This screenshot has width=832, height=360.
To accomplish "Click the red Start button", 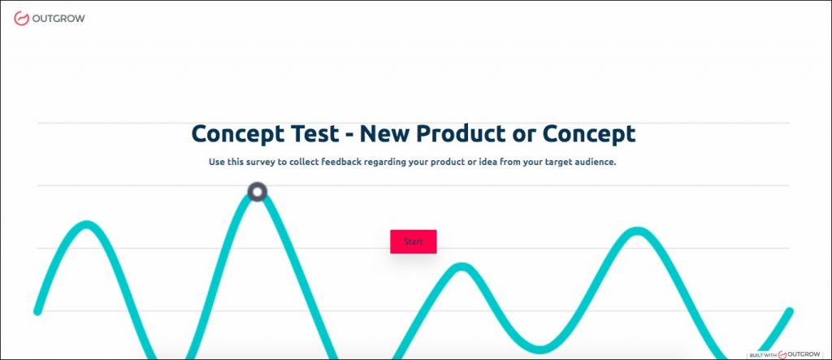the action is tap(414, 241).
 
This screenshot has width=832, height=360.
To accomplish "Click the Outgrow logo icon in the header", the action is tap(21, 19).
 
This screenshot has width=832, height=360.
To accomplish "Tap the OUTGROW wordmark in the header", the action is tap(58, 19).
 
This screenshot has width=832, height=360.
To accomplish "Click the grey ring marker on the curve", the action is tap(258, 192).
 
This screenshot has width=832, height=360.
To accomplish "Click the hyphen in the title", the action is tap(349, 136).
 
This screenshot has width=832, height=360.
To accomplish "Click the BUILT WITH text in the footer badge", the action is tap(763, 355).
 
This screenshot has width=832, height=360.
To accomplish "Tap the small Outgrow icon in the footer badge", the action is tap(782, 354).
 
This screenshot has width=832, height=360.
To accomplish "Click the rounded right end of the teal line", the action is tap(790, 312).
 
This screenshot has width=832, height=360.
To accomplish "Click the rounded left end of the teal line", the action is tap(37, 311).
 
